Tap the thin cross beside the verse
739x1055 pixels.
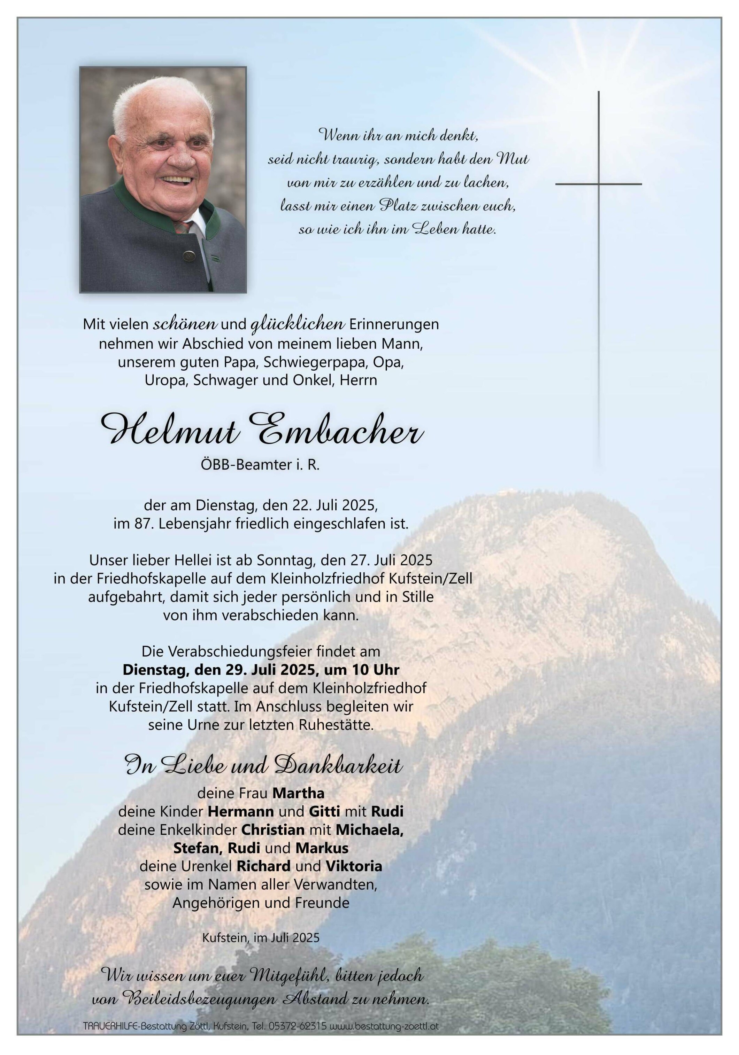(598, 184)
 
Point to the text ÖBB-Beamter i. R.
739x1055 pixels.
(260, 465)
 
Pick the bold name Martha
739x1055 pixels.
(299, 793)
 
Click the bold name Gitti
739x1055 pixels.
(325, 811)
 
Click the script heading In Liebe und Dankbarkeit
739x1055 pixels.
(263, 766)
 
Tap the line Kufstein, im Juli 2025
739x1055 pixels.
(261, 937)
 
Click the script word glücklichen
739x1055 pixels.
(298, 324)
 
